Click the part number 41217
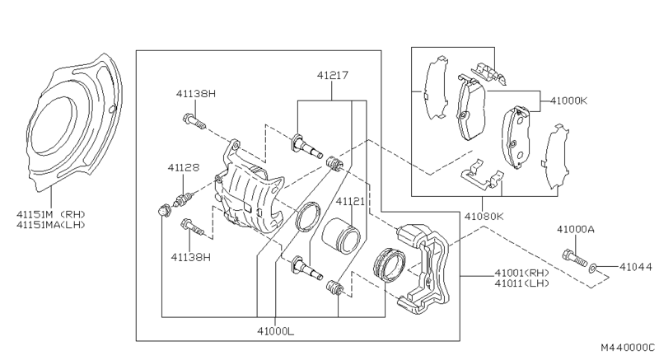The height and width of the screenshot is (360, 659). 333,76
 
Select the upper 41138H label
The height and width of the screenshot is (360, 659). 196,94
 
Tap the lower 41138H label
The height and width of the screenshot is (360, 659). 190,257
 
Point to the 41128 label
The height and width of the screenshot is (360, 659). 184,167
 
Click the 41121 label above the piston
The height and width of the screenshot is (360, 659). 350,202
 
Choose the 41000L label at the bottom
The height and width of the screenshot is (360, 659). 276,331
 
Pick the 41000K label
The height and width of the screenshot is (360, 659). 568,101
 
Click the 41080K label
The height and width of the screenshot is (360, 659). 484,217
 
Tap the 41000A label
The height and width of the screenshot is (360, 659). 576,229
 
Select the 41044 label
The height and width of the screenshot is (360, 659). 636,267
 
